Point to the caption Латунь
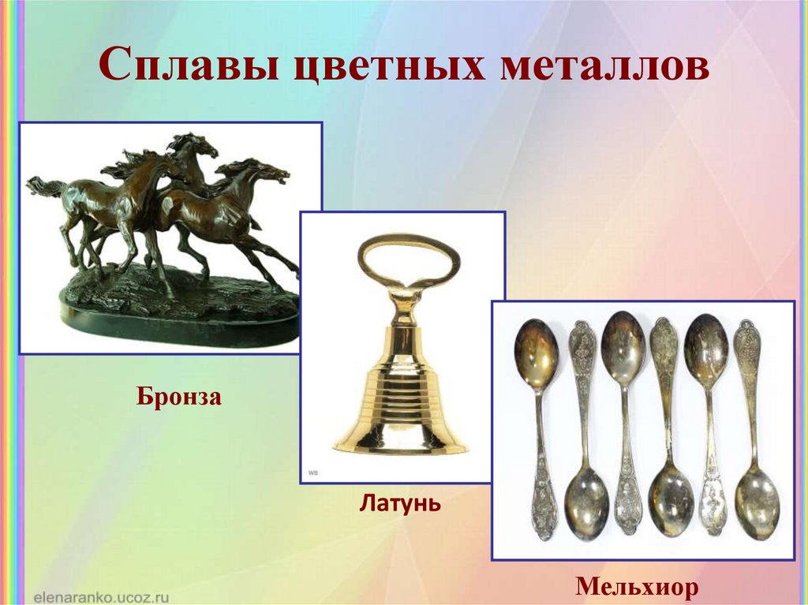400,502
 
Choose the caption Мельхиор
637,586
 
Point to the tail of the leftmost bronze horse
45,186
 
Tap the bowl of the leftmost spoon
536,355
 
